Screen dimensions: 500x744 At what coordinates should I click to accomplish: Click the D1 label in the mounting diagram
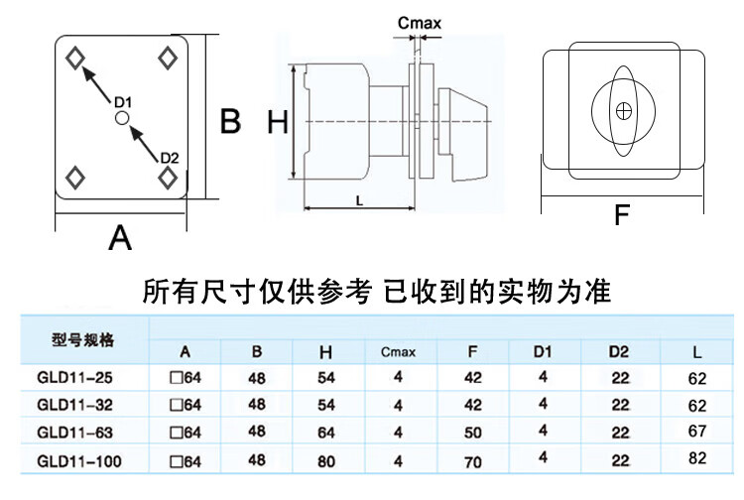[x=123, y=101]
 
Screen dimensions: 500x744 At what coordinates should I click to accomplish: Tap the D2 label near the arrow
[x=169, y=158]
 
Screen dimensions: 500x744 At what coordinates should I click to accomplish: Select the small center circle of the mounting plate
[x=121, y=118]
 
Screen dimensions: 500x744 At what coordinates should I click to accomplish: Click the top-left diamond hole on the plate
[x=74, y=58]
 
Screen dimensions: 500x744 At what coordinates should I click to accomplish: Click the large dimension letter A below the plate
[x=119, y=238]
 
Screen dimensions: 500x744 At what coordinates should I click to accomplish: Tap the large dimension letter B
[x=230, y=121]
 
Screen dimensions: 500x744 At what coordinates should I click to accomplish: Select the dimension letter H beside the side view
[x=278, y=122]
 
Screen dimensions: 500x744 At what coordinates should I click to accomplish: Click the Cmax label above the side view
[x=419, y=23]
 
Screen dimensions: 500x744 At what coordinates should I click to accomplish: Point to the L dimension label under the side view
[x=357, y=200]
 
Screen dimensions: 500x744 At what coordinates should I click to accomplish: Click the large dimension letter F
[x=622, y=214]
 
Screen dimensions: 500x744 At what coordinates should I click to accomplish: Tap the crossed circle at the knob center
[x=624, y=111]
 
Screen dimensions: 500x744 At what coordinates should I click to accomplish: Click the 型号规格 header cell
[x=83, y=340]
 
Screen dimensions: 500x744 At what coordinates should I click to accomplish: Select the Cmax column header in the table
[x=398, y=352]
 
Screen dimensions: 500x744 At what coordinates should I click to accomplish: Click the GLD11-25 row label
[x=70, y=377]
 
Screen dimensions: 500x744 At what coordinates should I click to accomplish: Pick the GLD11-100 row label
[x=74, y=460]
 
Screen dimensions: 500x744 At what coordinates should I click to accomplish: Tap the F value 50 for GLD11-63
[x=473, y=432]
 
